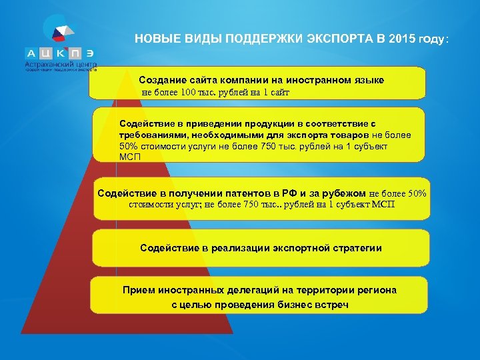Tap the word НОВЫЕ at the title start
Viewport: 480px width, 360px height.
click(155, 39)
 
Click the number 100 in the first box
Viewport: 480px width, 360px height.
click(188, 93)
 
